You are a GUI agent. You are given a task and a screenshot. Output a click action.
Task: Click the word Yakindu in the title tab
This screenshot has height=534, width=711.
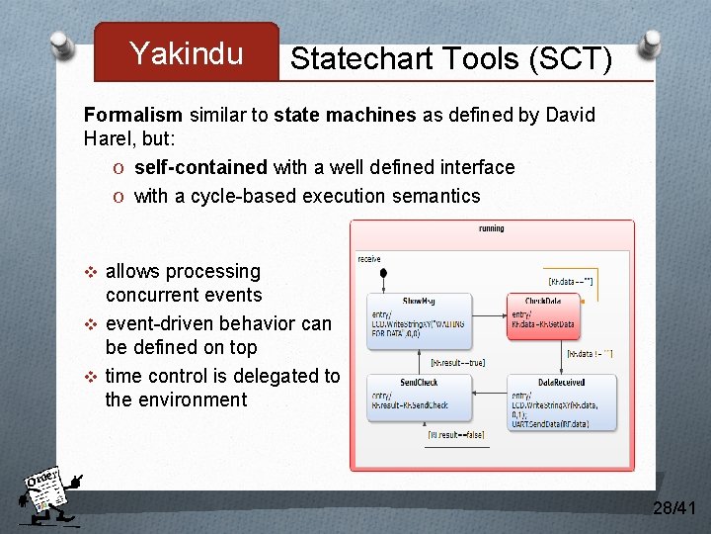(186, 53)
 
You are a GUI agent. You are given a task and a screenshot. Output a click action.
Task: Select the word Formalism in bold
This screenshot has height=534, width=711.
(133, 115)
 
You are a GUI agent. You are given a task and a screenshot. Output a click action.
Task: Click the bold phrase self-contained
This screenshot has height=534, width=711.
(200, 167)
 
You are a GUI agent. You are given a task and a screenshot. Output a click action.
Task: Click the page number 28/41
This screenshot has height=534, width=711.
(674, 508)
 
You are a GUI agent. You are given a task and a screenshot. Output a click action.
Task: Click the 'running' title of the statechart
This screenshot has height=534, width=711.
(491, 228)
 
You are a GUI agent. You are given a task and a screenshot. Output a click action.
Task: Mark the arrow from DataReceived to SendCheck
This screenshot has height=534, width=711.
(489, 391)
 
